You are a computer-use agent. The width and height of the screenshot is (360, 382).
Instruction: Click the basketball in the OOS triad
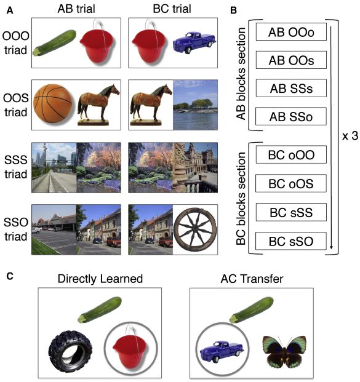[x=53, y=103]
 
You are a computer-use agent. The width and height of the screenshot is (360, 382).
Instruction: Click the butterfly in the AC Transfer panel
[x=284, y=351]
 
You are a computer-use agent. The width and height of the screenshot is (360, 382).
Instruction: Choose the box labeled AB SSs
[x=291, y=88]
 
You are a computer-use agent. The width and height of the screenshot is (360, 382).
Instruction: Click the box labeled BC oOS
[x=291, y=183]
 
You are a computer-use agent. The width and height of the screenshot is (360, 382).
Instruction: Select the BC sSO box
[x=291, y=241]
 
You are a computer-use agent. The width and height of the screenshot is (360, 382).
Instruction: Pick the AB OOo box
[x=291, y=31]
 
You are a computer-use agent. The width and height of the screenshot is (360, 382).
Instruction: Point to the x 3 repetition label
[x=350, y=136]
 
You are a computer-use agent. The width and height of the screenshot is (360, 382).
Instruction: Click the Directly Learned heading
[x=100, y=279]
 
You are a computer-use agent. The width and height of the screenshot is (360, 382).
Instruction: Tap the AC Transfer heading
[x=252, y=279]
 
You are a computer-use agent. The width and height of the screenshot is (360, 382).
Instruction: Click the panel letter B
[x=233, y=10]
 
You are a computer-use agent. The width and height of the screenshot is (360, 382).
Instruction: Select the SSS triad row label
[x=15, y=167]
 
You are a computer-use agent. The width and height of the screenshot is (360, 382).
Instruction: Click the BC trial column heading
[x=172, y=9]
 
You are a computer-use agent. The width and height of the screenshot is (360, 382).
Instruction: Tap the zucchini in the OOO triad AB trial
[x=54, y=42]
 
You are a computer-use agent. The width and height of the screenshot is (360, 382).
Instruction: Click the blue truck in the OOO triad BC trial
[x=194, y=42]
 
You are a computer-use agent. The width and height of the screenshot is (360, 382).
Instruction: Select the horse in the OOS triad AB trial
[x=98, y=105]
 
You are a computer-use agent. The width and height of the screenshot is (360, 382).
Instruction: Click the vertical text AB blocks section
[x=241, y=74]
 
